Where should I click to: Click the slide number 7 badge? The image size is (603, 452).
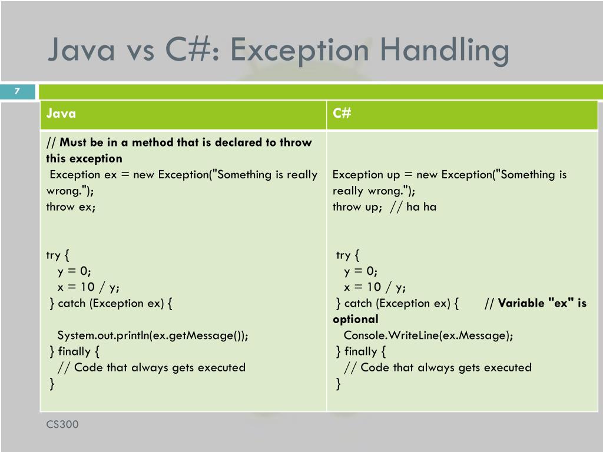[17, 91]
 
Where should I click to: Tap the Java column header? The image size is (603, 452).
[61, 114]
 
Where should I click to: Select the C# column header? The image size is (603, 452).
[342, 114]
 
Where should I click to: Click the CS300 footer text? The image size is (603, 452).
[62, 424]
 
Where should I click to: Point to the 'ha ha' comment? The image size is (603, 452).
[421, 207]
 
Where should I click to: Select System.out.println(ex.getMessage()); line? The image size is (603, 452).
[153, 335]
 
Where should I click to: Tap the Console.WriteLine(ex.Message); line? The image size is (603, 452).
[428, 335]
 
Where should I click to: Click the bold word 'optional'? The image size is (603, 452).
[355, 319]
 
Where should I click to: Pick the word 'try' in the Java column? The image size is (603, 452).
[53, 255]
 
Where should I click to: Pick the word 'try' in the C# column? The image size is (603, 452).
[343, 255]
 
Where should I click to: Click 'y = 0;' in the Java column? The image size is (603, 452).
[74, 271]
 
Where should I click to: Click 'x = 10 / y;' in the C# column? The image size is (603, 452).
[375, 287]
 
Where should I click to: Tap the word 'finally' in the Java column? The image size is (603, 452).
[74, 351]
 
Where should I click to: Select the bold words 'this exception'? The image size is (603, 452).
[84, 158]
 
